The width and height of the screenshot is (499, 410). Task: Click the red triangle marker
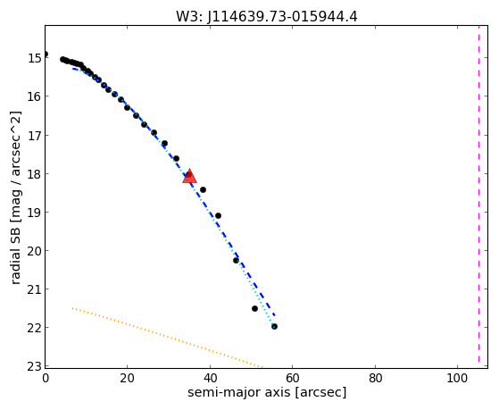click(189, 177)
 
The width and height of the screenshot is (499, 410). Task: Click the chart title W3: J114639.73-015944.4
click(267, 17)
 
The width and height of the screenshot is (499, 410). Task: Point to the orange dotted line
click(168, 338)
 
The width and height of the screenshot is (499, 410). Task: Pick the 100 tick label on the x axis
click(457, 378)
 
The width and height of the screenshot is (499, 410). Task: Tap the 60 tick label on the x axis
click(293, 378)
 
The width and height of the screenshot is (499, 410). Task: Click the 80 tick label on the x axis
click(375, 378)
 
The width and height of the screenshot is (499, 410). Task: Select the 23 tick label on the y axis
click(34, 366)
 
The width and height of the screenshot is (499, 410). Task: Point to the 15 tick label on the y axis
click(34, 58)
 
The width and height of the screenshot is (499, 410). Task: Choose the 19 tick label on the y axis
click(34, 213)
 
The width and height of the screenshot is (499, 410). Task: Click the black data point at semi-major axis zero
click(46, 54)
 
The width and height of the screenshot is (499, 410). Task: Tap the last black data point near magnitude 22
click(274, 326)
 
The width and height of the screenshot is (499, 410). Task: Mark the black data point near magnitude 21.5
click(254, 308)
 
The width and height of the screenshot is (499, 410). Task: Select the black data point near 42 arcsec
click(218, 215)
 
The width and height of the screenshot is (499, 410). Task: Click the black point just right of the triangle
click(203, 190)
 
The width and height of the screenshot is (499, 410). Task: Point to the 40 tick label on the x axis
click(210, 378)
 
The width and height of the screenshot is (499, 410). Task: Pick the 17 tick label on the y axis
click(34, 135)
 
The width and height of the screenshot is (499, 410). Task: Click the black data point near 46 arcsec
click(236, 260)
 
